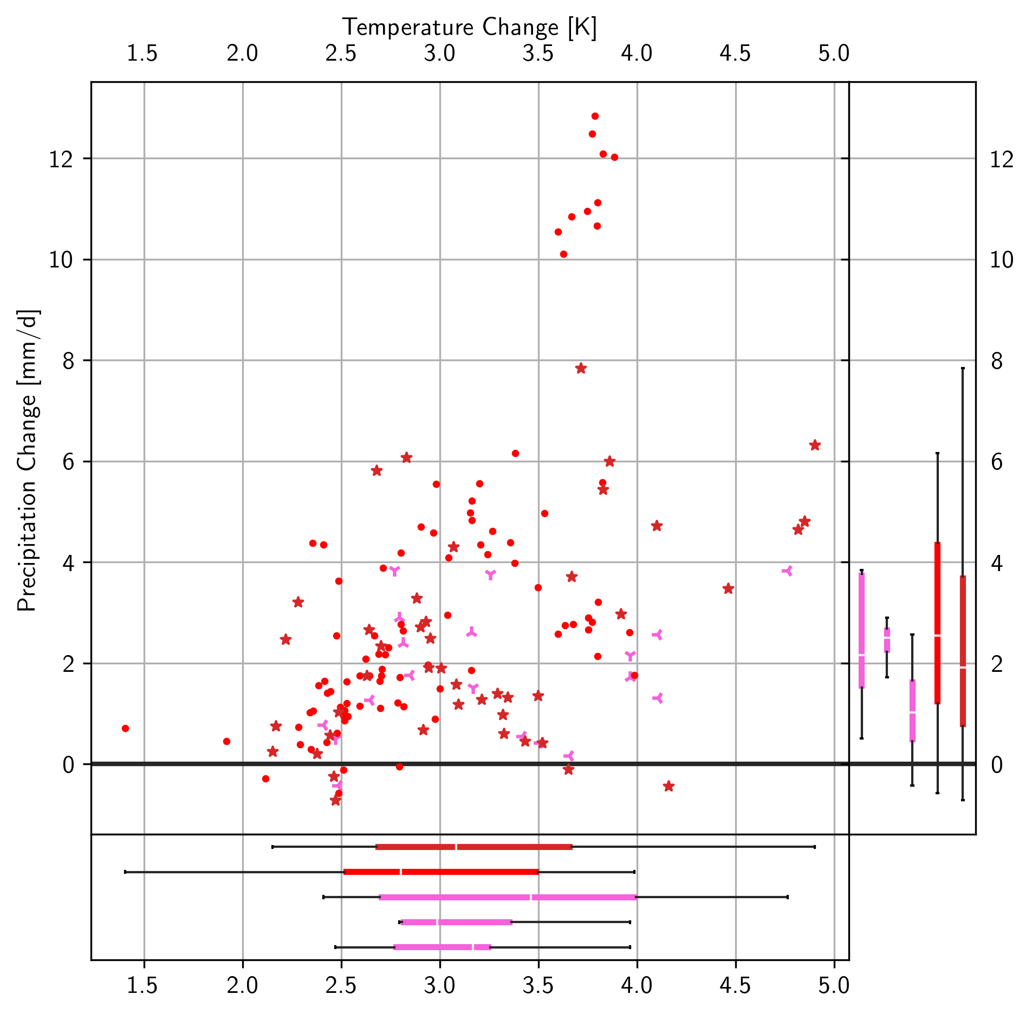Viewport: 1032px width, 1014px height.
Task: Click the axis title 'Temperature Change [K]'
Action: (469, 27)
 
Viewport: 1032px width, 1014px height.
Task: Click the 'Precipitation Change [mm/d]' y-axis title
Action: (27, 461)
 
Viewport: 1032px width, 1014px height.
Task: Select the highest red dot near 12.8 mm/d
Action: (595, 116)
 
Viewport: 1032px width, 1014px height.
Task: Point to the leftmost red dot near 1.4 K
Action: (125, 728)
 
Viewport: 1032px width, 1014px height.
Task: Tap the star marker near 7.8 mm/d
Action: (581, 369)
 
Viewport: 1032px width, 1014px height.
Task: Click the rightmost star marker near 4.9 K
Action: (815, 445)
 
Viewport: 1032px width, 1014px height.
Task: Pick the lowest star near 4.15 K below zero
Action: (668, 786)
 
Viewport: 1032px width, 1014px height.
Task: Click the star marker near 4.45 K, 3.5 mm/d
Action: (728, 588)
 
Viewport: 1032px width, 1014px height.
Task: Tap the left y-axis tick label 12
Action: (61, 159)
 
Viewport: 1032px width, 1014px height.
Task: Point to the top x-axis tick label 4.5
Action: (735, 54)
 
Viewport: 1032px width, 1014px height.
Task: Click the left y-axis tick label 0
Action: (68, 765)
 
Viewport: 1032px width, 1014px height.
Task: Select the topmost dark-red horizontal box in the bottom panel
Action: (474, 847)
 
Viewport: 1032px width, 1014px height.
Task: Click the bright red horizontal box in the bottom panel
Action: (441, 872)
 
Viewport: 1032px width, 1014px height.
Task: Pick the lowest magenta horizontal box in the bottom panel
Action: (442, 947)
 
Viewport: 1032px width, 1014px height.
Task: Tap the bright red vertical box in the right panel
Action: (937, 623)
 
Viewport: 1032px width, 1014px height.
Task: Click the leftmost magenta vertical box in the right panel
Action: (861, 630)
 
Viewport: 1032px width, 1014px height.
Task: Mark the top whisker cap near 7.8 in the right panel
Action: (963, 368)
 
